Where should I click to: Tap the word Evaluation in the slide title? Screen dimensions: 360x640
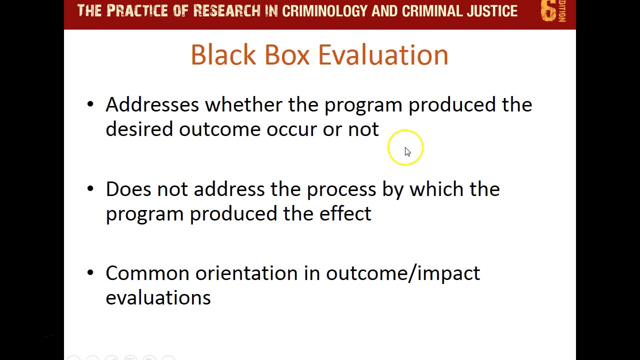click(x=383, y=54)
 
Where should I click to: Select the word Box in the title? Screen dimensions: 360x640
click(x=287, y=54)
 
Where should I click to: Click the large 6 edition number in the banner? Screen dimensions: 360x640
click(x=548, y=11)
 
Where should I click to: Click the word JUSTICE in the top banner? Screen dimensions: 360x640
click(x=492, y=11)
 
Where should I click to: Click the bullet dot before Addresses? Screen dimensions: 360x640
click(x=90, y=104)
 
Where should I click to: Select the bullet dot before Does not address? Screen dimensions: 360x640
click(x=90, y=188)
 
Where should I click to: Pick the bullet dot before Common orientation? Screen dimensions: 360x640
click(x=90, y=272)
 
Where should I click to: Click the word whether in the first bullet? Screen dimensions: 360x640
click(x=243, y=104)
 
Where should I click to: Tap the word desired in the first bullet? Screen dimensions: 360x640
click(x=139, y=129)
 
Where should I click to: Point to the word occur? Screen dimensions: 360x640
click(x=291, y=129)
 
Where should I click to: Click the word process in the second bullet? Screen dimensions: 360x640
click(x=341, y=189)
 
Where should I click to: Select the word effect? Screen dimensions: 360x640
click(x=345, y=213)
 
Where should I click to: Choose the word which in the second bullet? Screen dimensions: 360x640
click(x=436, y=189)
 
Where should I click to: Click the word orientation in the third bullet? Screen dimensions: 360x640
click(x=246, y=273)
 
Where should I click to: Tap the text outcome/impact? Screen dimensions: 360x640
click(x=402, y=273)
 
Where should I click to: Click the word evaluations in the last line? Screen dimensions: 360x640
click(x=158, y=297)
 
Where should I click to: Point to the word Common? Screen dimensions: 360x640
click(x=147, y=273)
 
